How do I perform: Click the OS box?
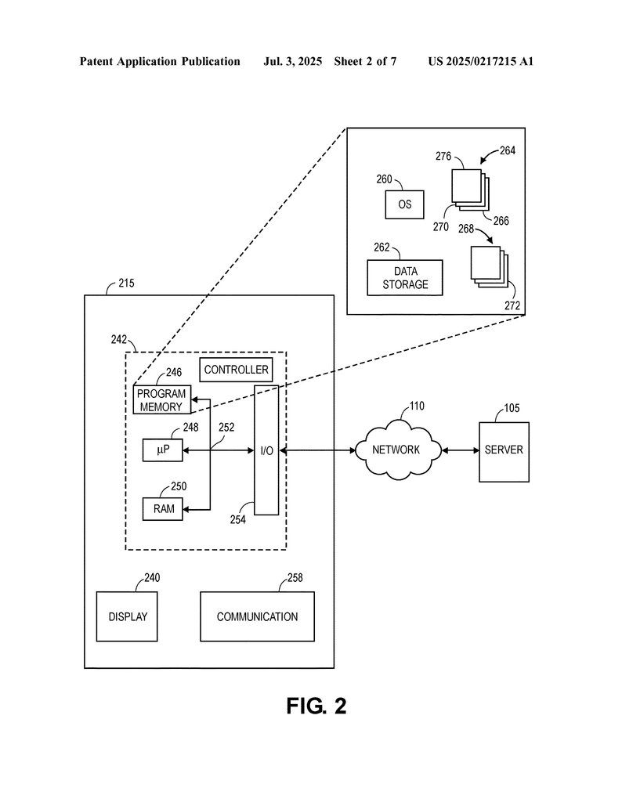[404, 204]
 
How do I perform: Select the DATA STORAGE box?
[405, 278]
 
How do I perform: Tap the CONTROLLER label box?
[237, 370]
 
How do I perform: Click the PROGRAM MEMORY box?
[161, 400]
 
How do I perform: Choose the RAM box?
[163, 508]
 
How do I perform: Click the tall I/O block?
[266, 450]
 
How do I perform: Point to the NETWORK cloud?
[396, 450]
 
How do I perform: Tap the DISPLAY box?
[128, 616]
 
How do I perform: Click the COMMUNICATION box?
[257, 616]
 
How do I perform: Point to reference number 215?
[125, 284]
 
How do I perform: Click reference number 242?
[119, 339]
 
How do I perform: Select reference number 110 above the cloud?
[417, 406]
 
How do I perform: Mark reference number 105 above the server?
[512, 408]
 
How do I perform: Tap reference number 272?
[512, 306]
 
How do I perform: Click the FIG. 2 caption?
[316, 706]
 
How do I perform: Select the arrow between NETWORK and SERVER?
[461, 450]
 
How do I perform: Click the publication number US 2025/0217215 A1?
[480, 61]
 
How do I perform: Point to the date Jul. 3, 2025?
[293, 61]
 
